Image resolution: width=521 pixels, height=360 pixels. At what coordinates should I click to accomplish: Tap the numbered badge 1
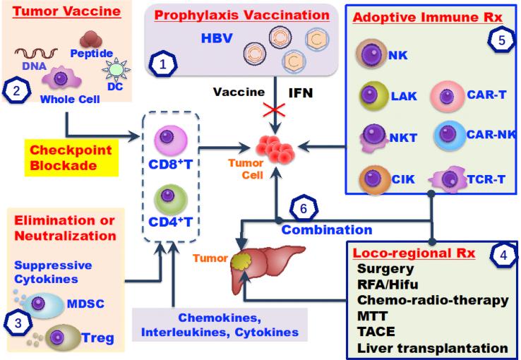[164, 65]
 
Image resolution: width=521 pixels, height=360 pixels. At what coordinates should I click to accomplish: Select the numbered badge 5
[500, 40]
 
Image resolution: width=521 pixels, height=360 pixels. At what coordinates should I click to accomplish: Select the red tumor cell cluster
[276, 149]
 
